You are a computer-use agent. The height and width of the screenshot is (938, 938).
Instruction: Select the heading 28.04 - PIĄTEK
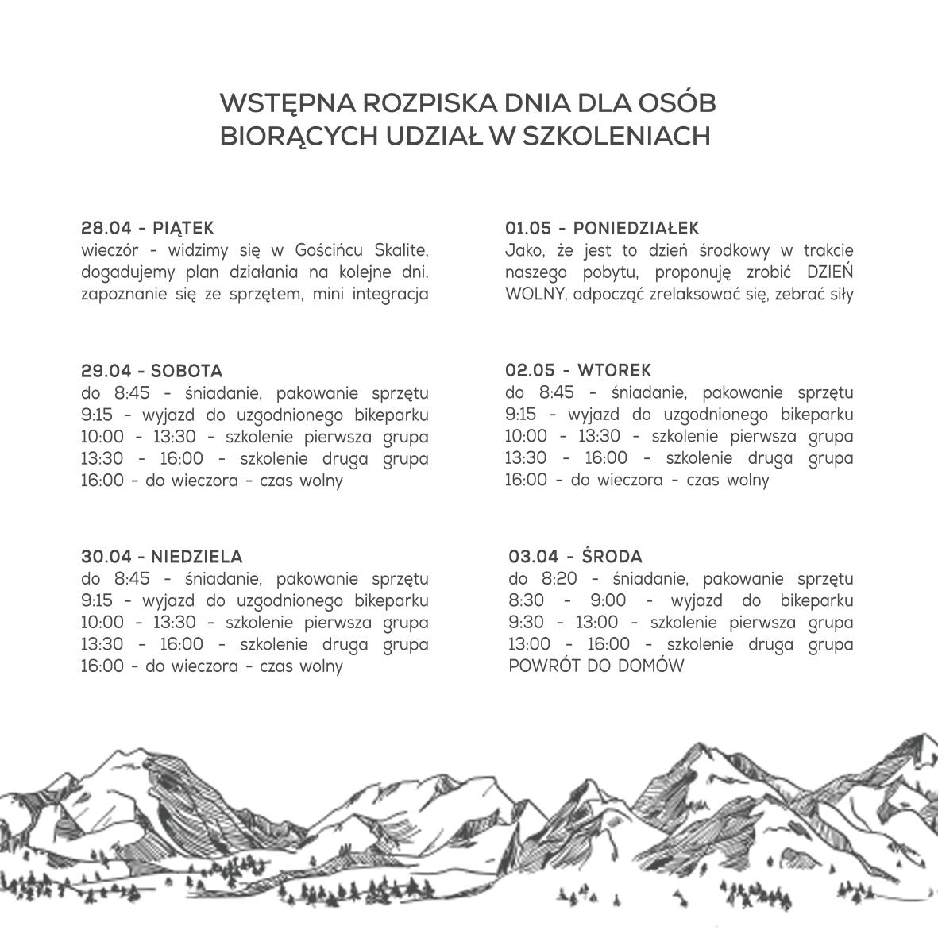pyautogui.click(x=148, y=229)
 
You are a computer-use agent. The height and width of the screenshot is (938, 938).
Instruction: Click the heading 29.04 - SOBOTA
pyautogui.click(x=152, y=371)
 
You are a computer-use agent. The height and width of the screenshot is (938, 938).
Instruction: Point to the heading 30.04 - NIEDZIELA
pyautogui.click(x=162, y=557)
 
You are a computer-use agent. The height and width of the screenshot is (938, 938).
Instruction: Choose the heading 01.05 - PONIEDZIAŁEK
pyautogui.click(x=602, y=229)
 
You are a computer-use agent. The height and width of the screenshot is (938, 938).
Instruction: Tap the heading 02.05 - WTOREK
pyautogui.click(x=578, y=371)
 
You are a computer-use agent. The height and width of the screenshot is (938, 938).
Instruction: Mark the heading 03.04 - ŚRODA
pyautogui.click(x=576, y=557)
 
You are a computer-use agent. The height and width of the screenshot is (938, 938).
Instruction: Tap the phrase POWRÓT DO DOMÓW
pyautogui.click(x=596, y=666)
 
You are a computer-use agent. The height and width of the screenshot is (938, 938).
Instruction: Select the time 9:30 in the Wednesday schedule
pyautogui.click(x=526, y=623)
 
